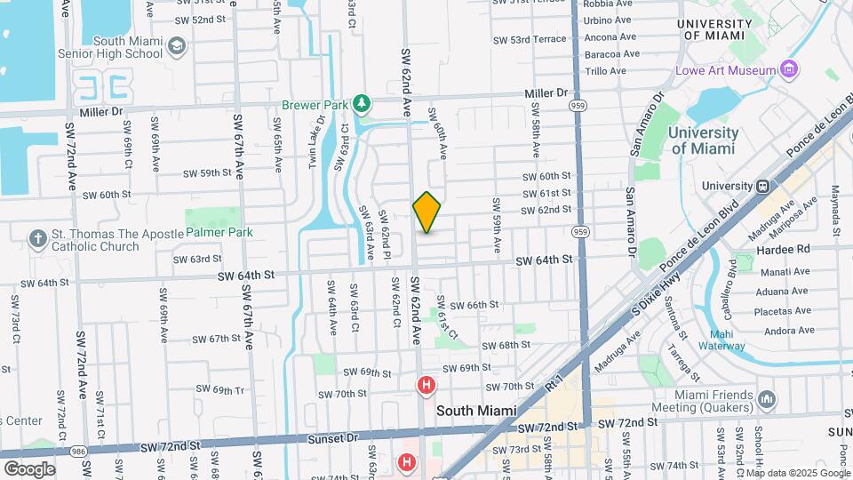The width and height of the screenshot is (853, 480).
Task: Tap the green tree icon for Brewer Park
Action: pos(361,105)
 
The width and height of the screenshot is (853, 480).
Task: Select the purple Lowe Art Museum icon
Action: pos(787,69)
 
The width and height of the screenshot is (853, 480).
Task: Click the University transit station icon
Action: pos(761,187)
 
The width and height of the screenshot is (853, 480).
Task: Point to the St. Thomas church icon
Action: pos(37,238)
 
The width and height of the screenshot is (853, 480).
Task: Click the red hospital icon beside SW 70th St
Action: pos(426,385)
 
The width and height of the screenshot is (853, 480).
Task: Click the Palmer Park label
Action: pos(219,232)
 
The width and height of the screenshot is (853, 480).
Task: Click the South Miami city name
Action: pos(476,411)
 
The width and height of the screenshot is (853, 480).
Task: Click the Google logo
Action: pos(29,468)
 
